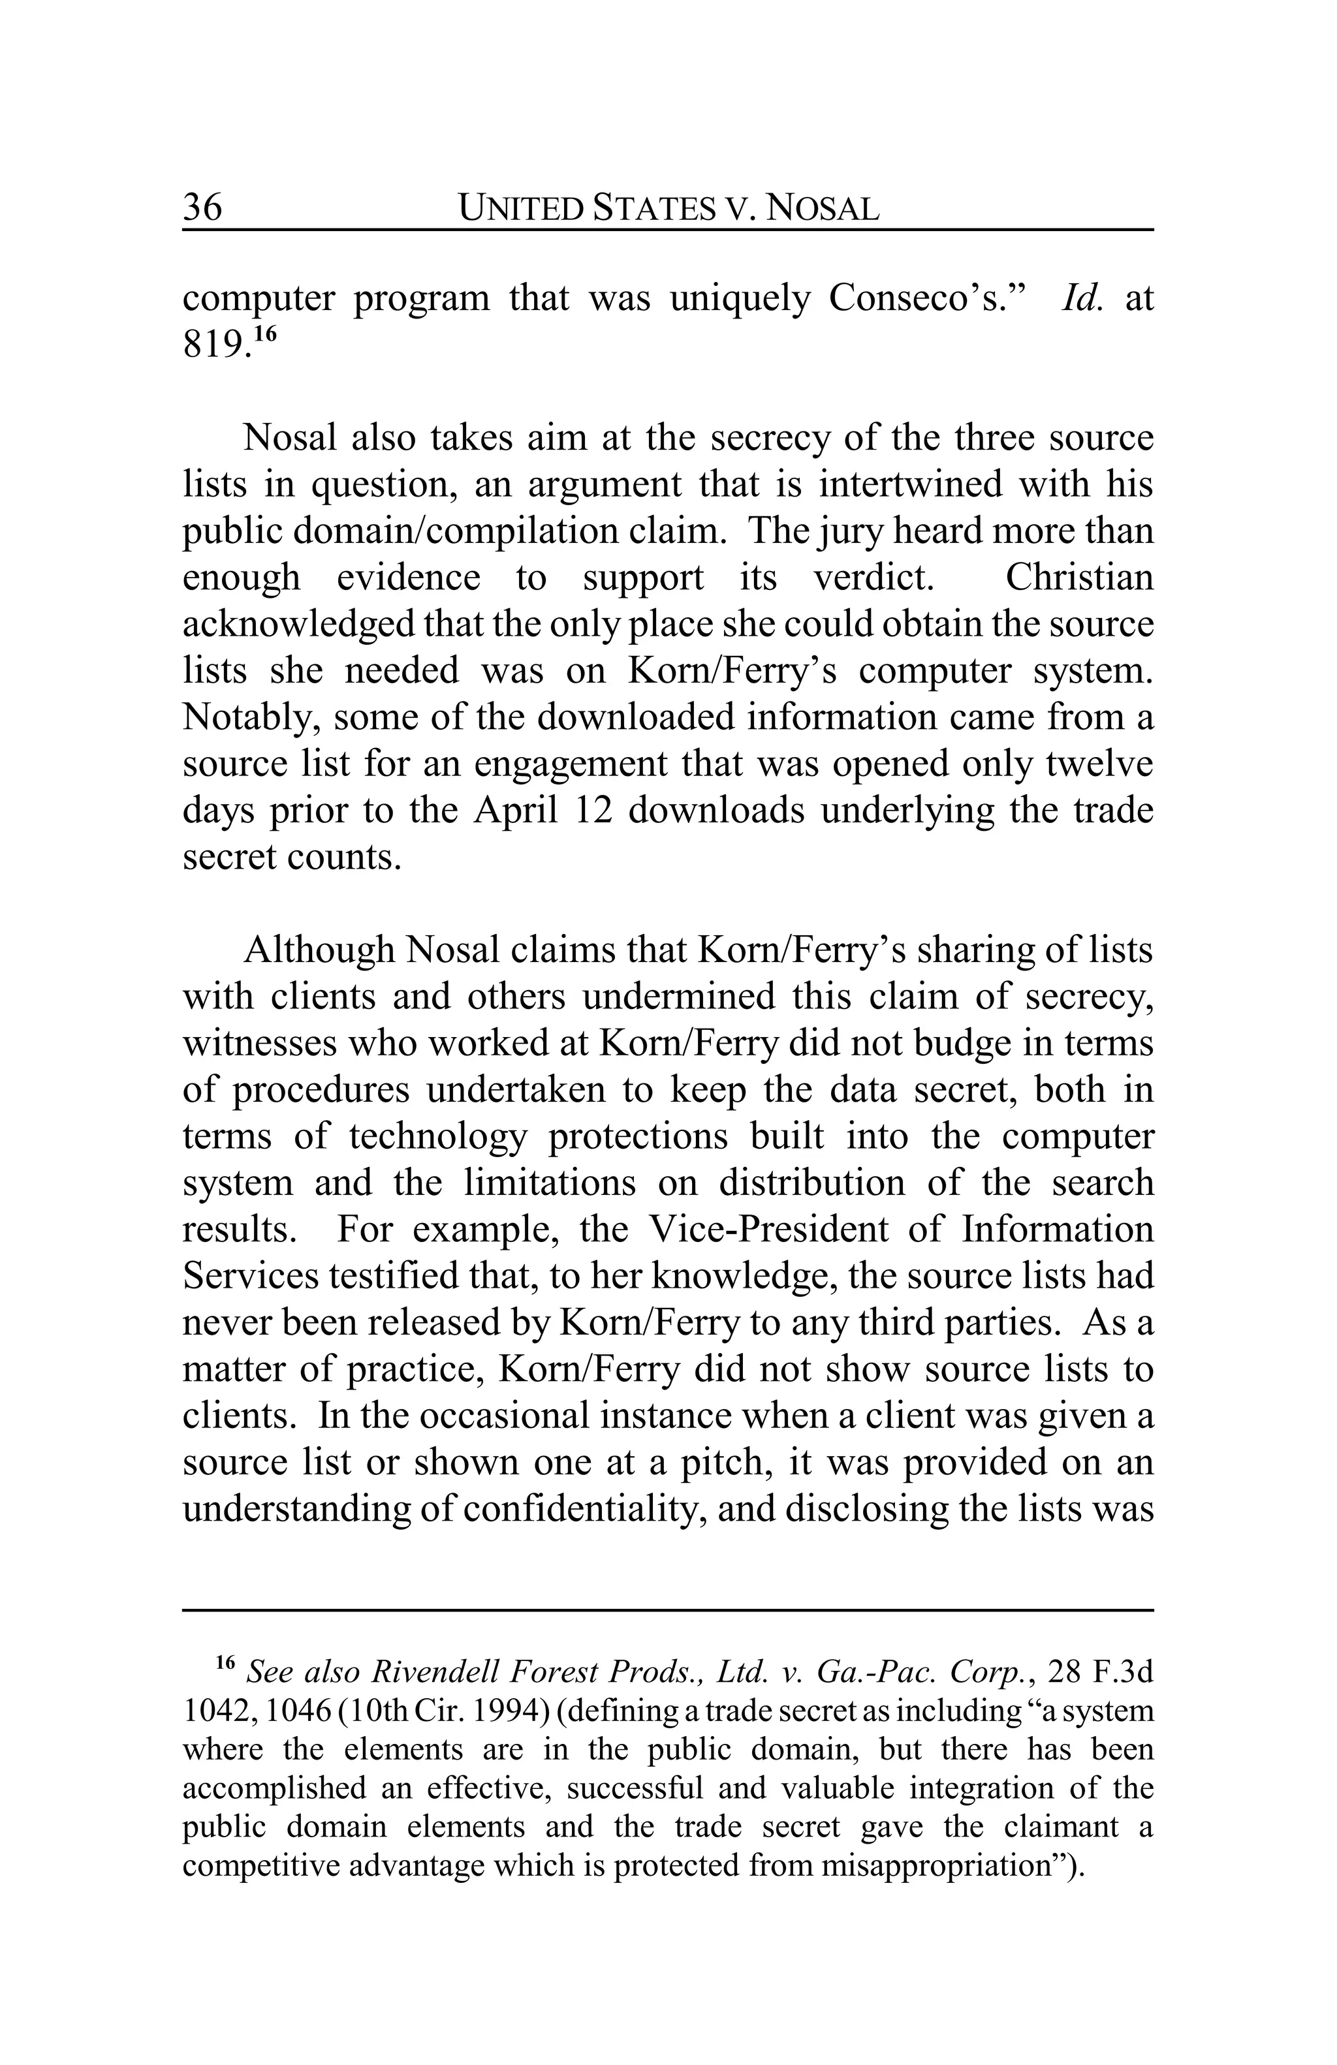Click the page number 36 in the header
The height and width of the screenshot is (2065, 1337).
pos(202,208)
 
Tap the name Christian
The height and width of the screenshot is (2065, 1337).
pos(1078,578)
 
